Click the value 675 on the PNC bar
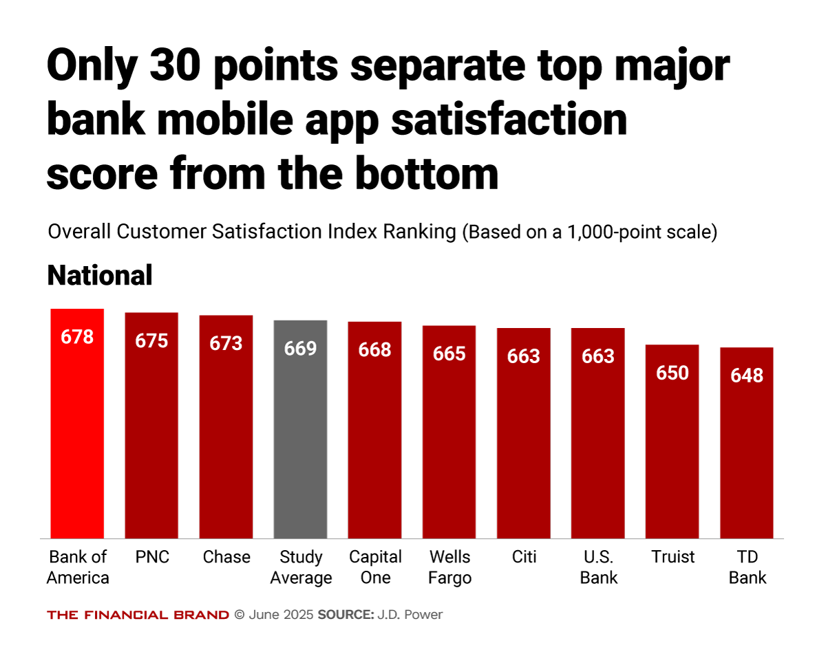pyautogui.click(x=151, y=340)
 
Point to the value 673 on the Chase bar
pyautogui.click(x=226, y=343)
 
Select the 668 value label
pyautogui.click(x=374, y=349)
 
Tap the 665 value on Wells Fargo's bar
pyautogui.click(x=449, y=353)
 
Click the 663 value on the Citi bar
pyautogui.click(x=523, y=356)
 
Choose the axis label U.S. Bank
pyautogui.click(x=598, y=567)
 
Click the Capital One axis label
pyautogui.click(x=375, y=567)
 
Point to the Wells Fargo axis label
pyautogui.click(x=449, y=567)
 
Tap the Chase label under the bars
pyautogui.click(x=226, y=557)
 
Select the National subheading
pyautogui.click(x=99, y=276)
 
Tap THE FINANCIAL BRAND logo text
pyautogui.click(x=138, y=615)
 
